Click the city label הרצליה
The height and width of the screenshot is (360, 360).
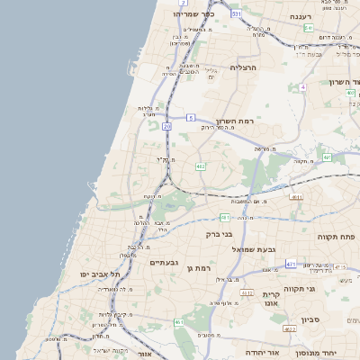pyautogui.click(x=244, y=67)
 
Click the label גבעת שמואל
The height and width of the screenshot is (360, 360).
pyautogui.click(x=258, y=248)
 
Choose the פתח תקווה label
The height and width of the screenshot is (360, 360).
pyautogui.click(x=337, y=236)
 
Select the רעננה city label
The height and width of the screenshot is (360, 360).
pyautogui.click(x=300, y=17)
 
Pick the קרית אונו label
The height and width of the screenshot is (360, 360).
pyautogui.click(x=273, y=301)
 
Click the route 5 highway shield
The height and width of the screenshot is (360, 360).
pyautogui.click(x=191, y=118)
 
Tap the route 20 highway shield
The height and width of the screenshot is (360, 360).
pyautogui.click(x=167, y=127)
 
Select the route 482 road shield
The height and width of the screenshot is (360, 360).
pyautogui.click(x=200, y=166)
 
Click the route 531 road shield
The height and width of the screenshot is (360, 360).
pyautogui.click(x=236, y=14)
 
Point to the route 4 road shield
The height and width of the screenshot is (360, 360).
pyautogui.click(x=303, y=87)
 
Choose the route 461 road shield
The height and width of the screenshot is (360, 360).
pyautogui.click(x=180, y=322)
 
